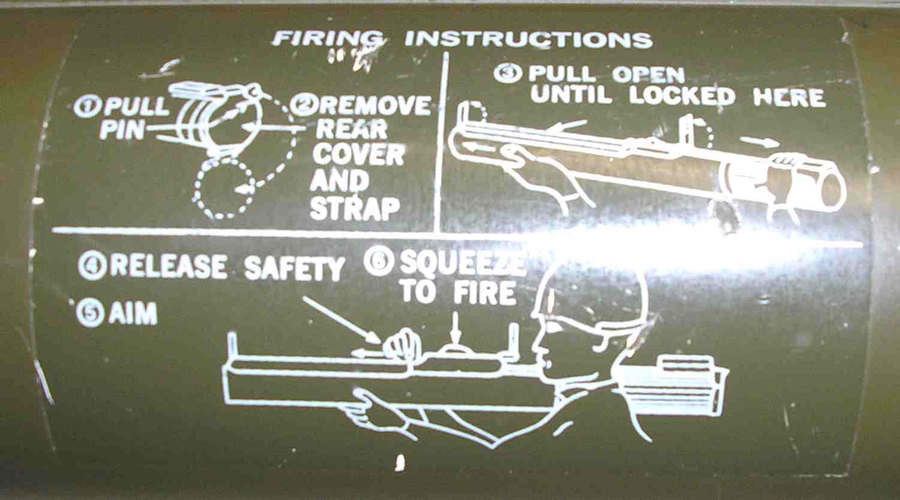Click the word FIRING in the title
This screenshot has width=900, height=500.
pos(327,39)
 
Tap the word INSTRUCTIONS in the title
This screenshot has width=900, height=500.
pos(528,40)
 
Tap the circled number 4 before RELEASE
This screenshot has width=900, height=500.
pos(92,266)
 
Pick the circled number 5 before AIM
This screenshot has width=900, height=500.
pos(90,314)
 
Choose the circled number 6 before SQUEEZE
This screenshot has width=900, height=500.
pos(378,263)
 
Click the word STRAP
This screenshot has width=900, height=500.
pos(355,208)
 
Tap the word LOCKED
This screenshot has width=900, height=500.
pos(682,96)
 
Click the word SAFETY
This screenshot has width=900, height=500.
pos(295,268)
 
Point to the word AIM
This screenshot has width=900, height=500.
pos(133,314)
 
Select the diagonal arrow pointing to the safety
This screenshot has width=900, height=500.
pos(342,320)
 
